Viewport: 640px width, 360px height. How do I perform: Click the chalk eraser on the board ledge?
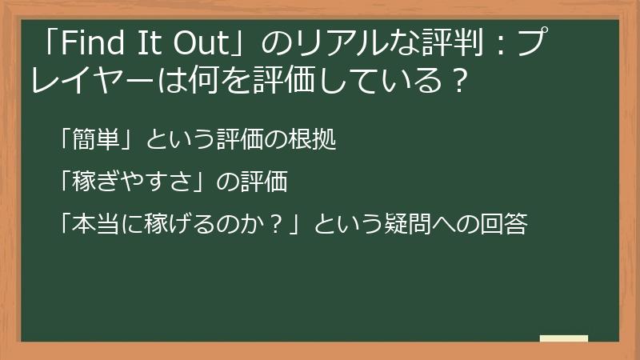(564, 338)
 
